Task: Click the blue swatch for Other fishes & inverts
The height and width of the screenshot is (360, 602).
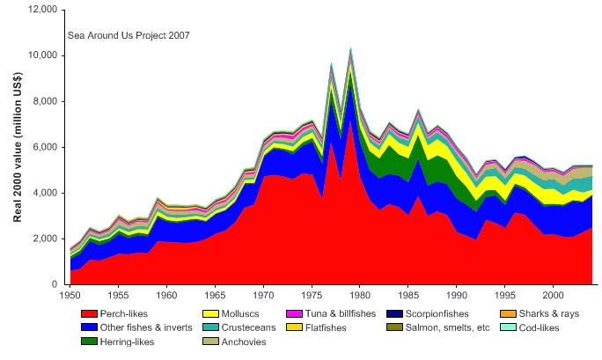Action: click(87, 327)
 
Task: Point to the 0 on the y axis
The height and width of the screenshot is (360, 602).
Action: click(55, 284)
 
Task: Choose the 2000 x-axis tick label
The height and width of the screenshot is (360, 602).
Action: click(553, 296)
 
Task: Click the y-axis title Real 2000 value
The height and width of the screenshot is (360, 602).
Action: click(18, 146)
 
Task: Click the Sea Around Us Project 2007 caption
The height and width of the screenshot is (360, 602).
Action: click(128, 36)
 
